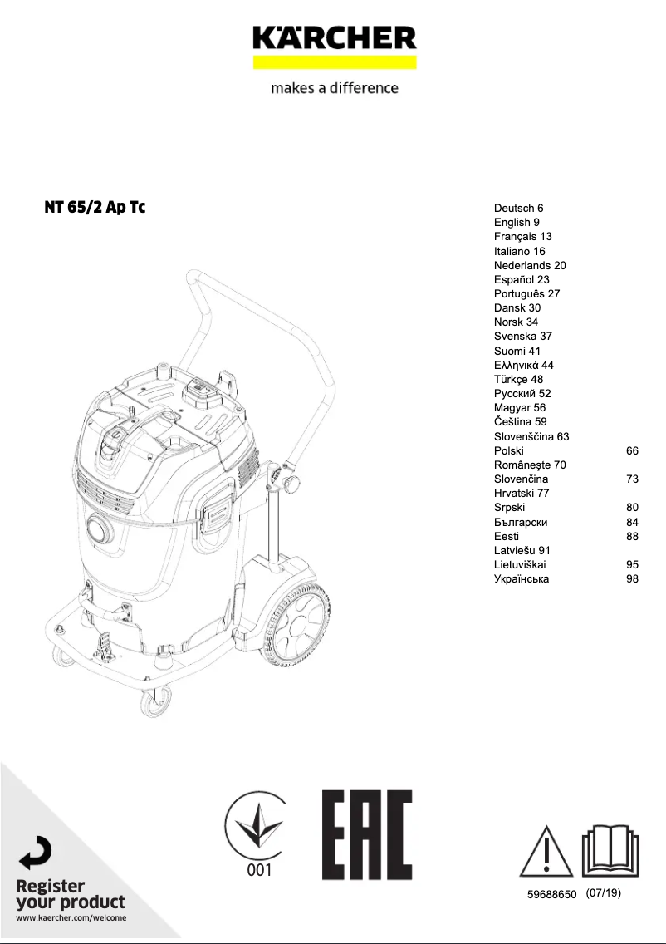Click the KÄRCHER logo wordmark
pyautogui.click(x=334, y=37)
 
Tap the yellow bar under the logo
pyautogui.click(x=334, y=62)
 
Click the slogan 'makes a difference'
pyautogui.click(x=334, y=88)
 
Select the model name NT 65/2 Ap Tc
pyautogui.click(x=95, y=207)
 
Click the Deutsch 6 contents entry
pyautogui.click(x=518, y=209)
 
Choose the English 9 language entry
pyautogui.click(x=517, y=223)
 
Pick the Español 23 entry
pyautogui.click(x=522, y=279)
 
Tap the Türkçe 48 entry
pyautogui.click(x=518, y=379)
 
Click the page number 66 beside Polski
pyautogui.click(x=632, y=450)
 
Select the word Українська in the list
pyautogui.click(x=521, y=578)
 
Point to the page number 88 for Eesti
pyautogui.click(x=632, y=536)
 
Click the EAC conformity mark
pyautogui.click(x=367, y=834)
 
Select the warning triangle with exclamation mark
pyautogui.click(x=546, y=852)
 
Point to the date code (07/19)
pyautogui.click(x=603, y=893)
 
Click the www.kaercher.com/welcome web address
pyautogui.click(x=71, y=917)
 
